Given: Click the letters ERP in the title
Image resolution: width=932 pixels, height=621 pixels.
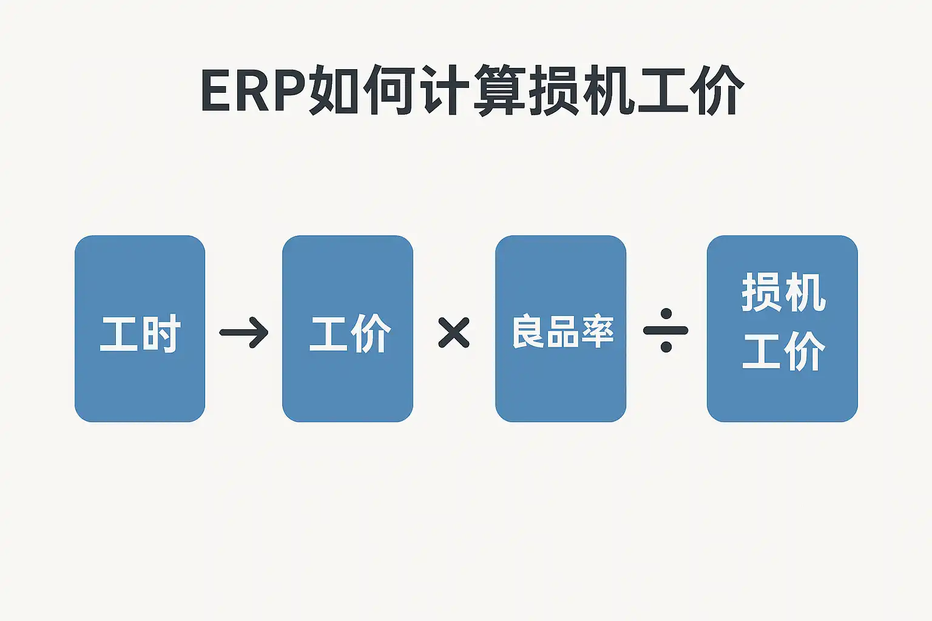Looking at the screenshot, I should (x=252, y=92).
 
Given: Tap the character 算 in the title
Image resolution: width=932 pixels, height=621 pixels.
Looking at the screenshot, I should (x=499, y=91).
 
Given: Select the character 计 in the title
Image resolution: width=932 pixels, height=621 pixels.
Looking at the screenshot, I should (x=445, y=91).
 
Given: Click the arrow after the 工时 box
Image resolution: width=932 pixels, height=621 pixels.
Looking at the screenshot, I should (x=244, y=332).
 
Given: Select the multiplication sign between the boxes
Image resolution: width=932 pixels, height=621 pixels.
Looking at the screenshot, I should (x=454, y=332).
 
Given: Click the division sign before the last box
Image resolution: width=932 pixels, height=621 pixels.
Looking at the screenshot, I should (x=666, y=331).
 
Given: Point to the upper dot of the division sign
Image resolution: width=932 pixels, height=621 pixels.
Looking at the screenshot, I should (x=666, y=314).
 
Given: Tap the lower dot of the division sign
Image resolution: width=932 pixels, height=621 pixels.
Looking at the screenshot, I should (x=666, y=347).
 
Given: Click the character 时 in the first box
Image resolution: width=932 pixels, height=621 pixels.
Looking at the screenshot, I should (x=161, y=334).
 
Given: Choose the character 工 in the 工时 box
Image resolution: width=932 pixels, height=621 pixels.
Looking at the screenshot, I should (x=119, y=334).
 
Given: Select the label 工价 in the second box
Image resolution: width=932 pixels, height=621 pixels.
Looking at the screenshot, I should (x=350, y=333).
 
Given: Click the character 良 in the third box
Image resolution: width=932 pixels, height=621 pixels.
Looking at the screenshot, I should (x=528, y=332).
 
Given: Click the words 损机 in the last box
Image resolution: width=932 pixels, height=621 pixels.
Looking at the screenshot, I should (x=783, y=293).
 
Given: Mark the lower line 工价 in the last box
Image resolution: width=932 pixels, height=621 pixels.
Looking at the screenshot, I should (x=783, y=351).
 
